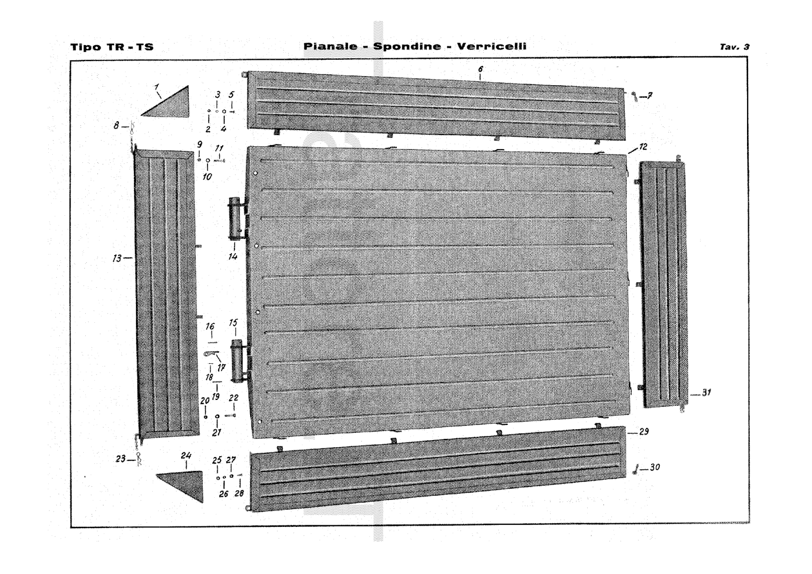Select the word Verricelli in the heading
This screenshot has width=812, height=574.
tap(492, 47)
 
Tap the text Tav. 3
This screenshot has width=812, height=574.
tap(734, 47)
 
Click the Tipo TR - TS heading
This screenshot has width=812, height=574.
tap(112, 48)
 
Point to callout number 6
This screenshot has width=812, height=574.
tap(480, 69)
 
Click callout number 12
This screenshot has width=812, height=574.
tap(643, 147)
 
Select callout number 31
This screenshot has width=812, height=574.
tap(706, 392)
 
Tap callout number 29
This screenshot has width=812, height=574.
tap(644, 432)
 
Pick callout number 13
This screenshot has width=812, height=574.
tap(117, 258)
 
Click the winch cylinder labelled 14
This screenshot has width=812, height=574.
tap(235, 218)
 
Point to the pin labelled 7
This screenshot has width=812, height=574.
tap(634, 96)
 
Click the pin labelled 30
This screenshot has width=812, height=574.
tap(635, 469)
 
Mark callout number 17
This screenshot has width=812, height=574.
tap(221, 367)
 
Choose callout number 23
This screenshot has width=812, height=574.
tap(120, 459)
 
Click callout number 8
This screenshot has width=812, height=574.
tap(116, 125)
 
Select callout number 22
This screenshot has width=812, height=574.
tap(233, 398)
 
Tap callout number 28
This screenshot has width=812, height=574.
tap(239, 493)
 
